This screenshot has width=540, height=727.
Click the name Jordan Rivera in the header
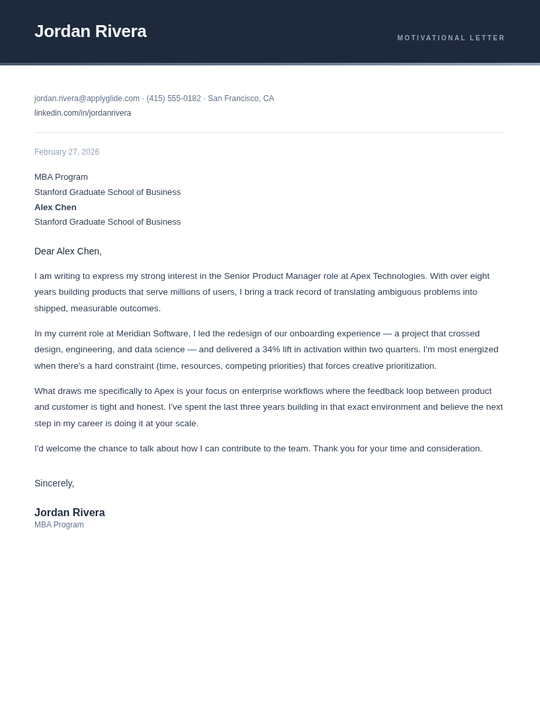(x=90, y=31)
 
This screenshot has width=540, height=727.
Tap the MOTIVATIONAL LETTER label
(x=451, y=38)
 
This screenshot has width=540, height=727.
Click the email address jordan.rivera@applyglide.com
(x=87, y=98)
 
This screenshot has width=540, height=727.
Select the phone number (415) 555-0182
(x=173, y=98)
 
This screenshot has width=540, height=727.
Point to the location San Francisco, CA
(x=241, y=98)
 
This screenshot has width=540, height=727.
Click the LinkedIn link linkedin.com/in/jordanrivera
(x=83, y=113)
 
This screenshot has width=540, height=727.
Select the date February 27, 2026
(x=67, y=152)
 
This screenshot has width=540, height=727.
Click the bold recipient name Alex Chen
(x=56, y=208)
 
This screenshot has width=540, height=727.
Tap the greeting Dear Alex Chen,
(x=68, y=251)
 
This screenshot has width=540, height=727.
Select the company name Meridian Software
(x=153, y=334)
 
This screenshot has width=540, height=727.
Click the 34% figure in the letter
(x=271, y=350)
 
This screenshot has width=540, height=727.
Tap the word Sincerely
(x=54, y=483)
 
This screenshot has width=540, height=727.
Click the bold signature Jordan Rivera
(x=69, y=513)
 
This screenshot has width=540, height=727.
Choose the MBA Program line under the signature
(x=59, y=525)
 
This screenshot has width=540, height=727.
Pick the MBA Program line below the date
(x=61, y=177)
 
